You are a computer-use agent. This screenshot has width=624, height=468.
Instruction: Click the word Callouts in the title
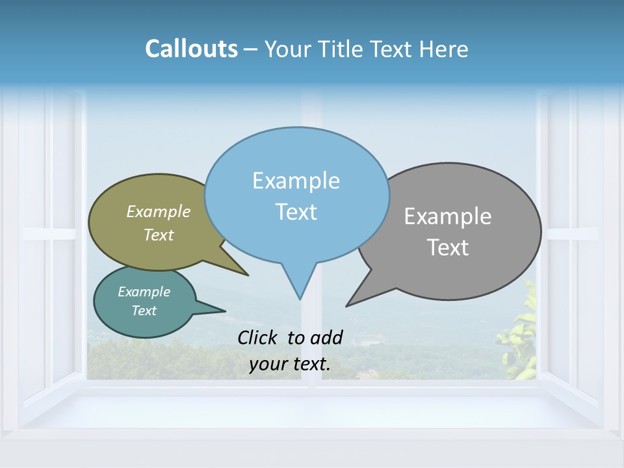[191, 49]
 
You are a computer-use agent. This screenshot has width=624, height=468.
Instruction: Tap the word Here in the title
[443, 49]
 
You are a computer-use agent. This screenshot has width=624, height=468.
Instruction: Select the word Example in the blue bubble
[296, 181]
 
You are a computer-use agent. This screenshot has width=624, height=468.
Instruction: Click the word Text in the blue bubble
[296, 212]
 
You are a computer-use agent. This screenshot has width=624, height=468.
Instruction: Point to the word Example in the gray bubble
[447, 216]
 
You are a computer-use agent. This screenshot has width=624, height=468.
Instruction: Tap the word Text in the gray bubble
[448, 248]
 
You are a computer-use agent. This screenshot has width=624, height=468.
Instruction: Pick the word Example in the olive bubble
[159, 211]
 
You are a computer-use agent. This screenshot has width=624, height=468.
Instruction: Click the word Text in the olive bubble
[159, 235]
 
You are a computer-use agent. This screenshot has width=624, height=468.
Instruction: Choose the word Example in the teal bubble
[144, 292]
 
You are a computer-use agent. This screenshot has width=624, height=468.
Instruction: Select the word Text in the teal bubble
[144, 311]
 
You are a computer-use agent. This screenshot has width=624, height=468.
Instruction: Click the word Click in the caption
[258, 337]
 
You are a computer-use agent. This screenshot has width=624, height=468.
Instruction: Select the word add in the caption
[326, 337]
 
